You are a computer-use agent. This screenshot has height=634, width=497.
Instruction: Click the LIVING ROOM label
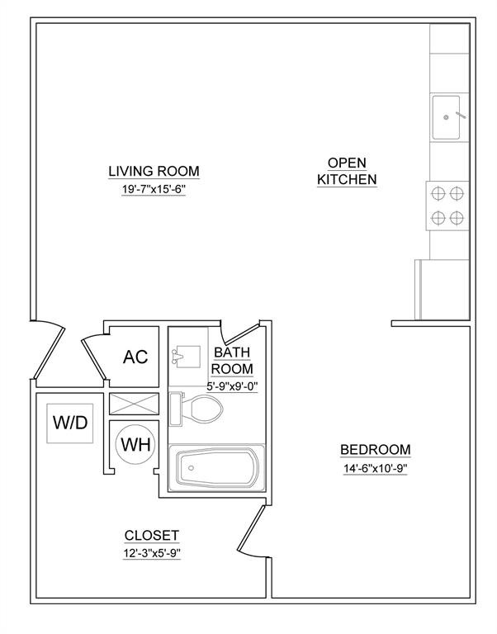tap(154, 171)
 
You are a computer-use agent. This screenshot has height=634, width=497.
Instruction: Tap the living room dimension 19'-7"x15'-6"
tap(154, 189)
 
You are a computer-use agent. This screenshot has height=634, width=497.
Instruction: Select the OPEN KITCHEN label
tap(347, 171)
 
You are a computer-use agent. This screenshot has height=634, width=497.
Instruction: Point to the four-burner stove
tap(447, 206)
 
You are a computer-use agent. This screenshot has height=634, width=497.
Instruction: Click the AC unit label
tap(135, 357)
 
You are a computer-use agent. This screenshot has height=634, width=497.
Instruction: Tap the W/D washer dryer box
tap(70, 423)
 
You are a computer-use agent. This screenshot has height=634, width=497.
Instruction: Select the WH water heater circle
tap(135, 443)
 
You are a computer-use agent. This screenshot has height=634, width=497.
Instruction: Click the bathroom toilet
tap(198, 409)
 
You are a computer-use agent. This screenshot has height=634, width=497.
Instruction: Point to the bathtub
tap(217, 468)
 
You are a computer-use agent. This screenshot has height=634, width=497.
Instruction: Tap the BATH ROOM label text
tap(233, 360)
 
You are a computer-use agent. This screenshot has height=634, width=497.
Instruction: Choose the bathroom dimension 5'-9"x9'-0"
tap(232, 385)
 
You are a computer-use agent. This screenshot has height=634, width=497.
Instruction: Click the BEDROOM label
tap(375, 449)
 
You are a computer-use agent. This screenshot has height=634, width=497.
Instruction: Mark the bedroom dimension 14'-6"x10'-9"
tap(375, 468)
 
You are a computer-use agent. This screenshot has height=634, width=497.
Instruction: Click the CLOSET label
tap(151, 535)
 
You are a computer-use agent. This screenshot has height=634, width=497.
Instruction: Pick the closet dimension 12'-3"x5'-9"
tap(151, 553)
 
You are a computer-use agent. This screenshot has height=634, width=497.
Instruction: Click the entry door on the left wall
tap(47, 351)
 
